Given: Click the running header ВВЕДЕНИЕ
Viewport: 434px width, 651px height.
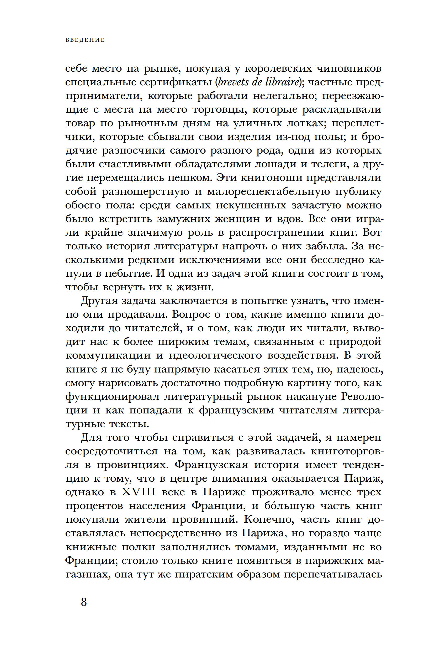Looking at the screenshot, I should [x=85, y=40].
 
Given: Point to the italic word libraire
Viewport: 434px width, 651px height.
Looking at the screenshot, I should [x=282, y=82].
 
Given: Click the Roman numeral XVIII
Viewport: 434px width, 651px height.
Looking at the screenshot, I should [x=139, y=492].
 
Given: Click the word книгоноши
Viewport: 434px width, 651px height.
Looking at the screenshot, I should [x=272, y=178].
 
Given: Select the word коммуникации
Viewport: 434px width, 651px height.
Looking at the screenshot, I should [x=108, y=355].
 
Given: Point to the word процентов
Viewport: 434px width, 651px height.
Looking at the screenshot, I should [x=94, y=506].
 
